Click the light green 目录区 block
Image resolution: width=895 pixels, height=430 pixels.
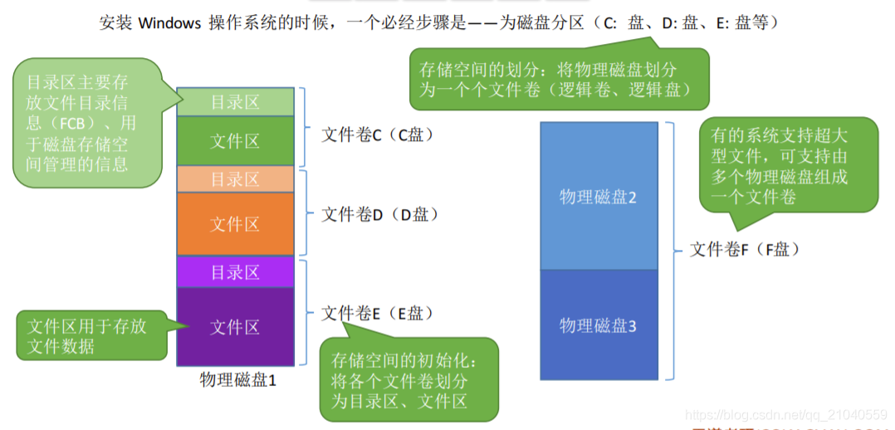pyautogui.click(x=235, y=102)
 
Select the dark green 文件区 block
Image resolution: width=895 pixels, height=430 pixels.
pyautogui.click(x=235, y=141)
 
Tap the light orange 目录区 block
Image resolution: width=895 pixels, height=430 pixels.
pyautogui.click(x=235, y=179)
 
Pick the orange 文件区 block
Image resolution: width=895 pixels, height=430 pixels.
pyautogui.click(x=235, y=224)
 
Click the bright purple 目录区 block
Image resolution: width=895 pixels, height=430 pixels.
pyautogui.click(x=235, y=272)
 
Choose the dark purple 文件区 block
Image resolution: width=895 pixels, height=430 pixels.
pyautogui.click(x=235, y=327)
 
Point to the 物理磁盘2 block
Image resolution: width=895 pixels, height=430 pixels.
pyautogui.click(x=598, y=197)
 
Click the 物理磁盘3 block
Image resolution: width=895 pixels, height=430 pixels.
pyautogui.click(x=598, y=325)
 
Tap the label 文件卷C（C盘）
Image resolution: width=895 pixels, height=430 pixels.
pyautogui.click(x=378, y=134)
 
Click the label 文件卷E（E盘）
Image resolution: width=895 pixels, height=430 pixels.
pyautogui.click(x=378, y=313)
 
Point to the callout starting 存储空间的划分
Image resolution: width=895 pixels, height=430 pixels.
pyautogui.click(x=558, y=80)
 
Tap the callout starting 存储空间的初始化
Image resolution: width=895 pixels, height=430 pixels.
pyautogui.click(x=408, y=379)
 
